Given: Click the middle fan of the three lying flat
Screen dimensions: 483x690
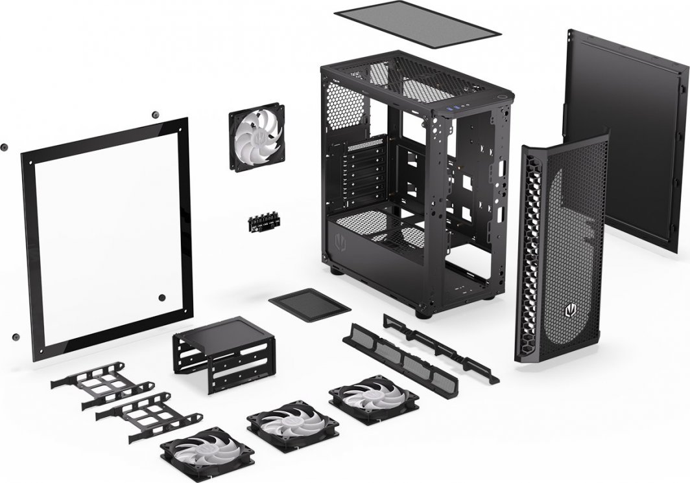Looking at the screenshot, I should tap(292, 425).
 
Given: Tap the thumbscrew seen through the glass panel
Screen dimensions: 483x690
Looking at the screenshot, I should tap(162, 298).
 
